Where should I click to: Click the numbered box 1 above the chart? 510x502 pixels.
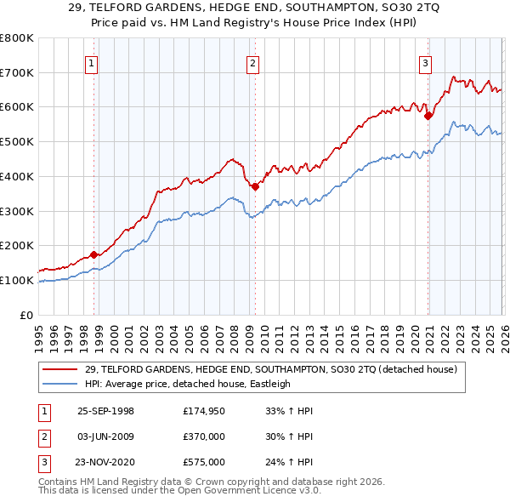pyautogui.click(x=90, y=61)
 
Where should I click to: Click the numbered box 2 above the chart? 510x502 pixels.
pyautogui.click(x=252, y=61)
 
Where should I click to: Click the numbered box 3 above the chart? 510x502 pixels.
pyautogui.click(x=425, y=61)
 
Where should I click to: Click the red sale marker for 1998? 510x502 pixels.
pyautogui.click(x=94, y=254)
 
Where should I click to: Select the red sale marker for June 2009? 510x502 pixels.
pyautogui.click(x=255, y=185)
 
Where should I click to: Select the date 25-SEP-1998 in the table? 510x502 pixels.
pyautogui.click(x=105, y=411)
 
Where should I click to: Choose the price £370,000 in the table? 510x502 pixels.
pyautogui.click(x=203, y=436)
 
